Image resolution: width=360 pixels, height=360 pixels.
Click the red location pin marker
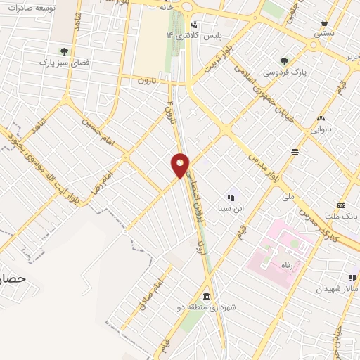[181, 165]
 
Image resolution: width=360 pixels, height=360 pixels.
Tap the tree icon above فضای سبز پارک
[64, 51]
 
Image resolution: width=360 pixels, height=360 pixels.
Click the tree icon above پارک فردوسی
[284, 61]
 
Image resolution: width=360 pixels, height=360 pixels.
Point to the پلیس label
[213, 35]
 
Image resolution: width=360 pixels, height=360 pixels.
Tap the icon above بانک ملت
[342, 205]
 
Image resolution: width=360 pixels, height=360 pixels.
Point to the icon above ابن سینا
[230, 196]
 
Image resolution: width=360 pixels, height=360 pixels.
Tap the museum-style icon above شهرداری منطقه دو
[206, 296]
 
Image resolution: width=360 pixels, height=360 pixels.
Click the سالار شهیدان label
[335, 289]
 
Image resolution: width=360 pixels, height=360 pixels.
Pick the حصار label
[14, 278]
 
